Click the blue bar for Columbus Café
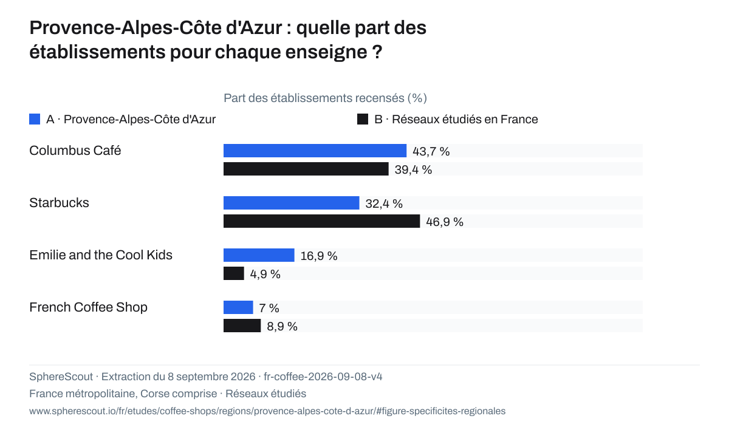click(315, 151)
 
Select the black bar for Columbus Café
click(306, 169)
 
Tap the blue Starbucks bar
click(291, 203)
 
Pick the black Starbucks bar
click(321, 221)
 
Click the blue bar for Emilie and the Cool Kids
click(259, 255)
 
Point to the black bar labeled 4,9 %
click(234, 273)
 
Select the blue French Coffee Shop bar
click(238, 307)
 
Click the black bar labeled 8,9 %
click(242, 326)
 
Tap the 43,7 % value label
click(431, 151)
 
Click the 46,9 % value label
click(445, 222)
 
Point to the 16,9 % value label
click(318, 256)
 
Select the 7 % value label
click(269, 308)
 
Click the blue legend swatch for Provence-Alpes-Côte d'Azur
click(35, 119)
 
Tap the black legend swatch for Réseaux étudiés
click(363, 119)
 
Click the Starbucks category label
click(59, 203)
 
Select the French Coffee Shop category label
click(88, 307)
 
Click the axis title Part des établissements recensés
click(325, 98)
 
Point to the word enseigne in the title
click(326, 52)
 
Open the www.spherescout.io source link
click(267, 411)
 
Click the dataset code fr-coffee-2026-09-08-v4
click(323, 377)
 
